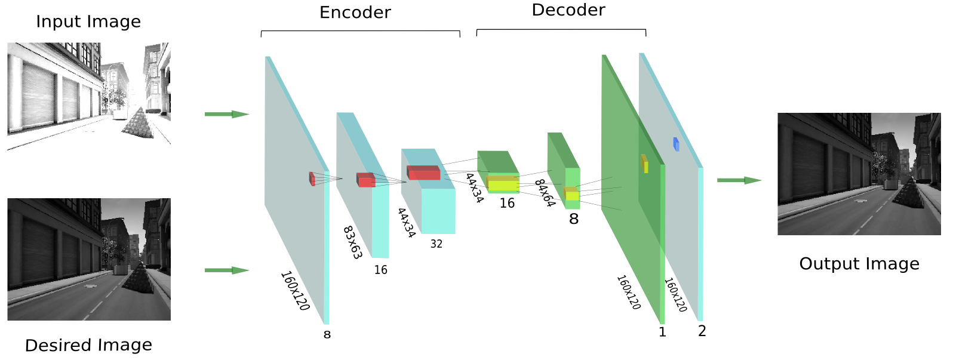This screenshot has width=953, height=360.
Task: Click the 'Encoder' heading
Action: pyautogui.click(x=355, y=13)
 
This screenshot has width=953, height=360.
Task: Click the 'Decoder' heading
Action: pyautogui.click(x=568, y=10)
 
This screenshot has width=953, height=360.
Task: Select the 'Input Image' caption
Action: pyautogui.click(x=88, y=21)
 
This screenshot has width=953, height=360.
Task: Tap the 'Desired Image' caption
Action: pyautogui.click(x=88, y=345)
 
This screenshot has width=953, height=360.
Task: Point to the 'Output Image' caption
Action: pyautogui.click(x=859, y=264)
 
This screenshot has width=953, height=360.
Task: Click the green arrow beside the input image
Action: pyautogui.click(x=226, y=114)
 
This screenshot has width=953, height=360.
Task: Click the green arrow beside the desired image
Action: pyautogui.click(x=226, y=270)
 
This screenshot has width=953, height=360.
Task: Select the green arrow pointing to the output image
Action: pyautogui.click(x=739, y=180)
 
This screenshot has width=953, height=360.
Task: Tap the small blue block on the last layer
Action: pyautogui.click(x=676, y=144)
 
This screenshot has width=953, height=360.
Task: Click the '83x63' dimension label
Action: pyautogui.click(x=352, y=242)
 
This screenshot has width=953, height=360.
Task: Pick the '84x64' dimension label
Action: pyautogui.click(x=545, y=193)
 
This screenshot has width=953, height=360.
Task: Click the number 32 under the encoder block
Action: pyautogui.click(x=436, y=244)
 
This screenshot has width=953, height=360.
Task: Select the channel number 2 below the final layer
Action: pyautogui.click(x=702, y=331)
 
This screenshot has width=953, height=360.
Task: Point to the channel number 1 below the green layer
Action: pyautogui.click(x=662, y=332)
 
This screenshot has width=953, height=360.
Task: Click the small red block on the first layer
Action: pyautogui.click(x=312, y=179)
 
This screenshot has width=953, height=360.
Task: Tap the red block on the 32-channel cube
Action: pyautogui.click(x=423, y=173)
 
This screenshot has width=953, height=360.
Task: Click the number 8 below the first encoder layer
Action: pyautogui.click(x=327, y=334)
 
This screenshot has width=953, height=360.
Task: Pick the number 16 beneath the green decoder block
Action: pyautogui.click(x=507, y=204)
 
